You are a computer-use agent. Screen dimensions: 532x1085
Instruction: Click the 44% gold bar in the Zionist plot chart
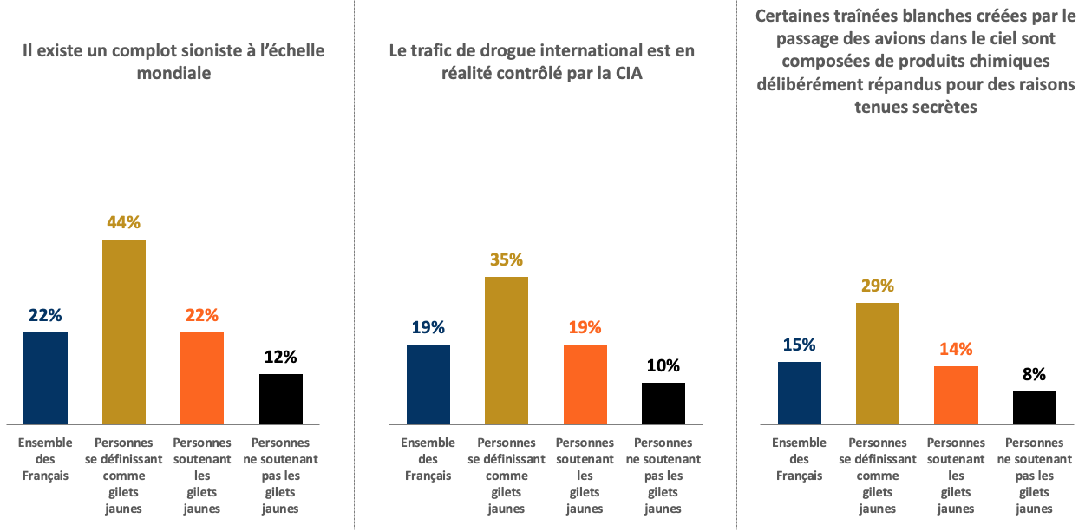pyautogui.click(x=124, y=332)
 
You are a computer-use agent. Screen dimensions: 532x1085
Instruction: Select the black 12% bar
pyautogui.click(x=281, y=399)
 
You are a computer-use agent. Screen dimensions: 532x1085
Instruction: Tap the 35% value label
pyautogui.click(x=506, y=259)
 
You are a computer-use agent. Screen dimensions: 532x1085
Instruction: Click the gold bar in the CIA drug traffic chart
pyautogui.click(x=506, y=351)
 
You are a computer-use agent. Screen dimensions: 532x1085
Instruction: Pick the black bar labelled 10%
pyautogui.click(x=663, y=404)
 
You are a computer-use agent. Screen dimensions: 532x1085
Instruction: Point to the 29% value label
pyautogui.click(x=877, y=286)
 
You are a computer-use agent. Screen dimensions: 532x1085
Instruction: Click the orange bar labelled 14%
pyautogui.click(x=956, y=395)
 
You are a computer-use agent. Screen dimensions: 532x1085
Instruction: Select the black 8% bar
pyautogui.click(x=1035, y=408)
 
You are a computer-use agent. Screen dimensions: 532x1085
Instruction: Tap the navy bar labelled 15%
pyautogui.click(x=799, y=393)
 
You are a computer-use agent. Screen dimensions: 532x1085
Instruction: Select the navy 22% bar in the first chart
pyautogui.click(x=45, y=378)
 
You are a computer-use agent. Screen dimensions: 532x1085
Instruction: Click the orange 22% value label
pyautogui.click(x=202, y=315)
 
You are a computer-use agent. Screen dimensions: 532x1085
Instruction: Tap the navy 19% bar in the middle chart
pyautogui.click(x=428, y=384)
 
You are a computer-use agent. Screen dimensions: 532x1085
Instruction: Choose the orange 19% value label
pyautogui.click(x=585, y=327)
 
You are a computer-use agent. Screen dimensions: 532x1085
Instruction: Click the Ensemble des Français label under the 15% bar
pyautogui.click(x=799, y=459)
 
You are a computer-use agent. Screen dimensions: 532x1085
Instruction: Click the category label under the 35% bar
pyautogui.click(x=506, y=476)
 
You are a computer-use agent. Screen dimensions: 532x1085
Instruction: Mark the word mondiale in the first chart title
pyautogui.click(x=173, y=73)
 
